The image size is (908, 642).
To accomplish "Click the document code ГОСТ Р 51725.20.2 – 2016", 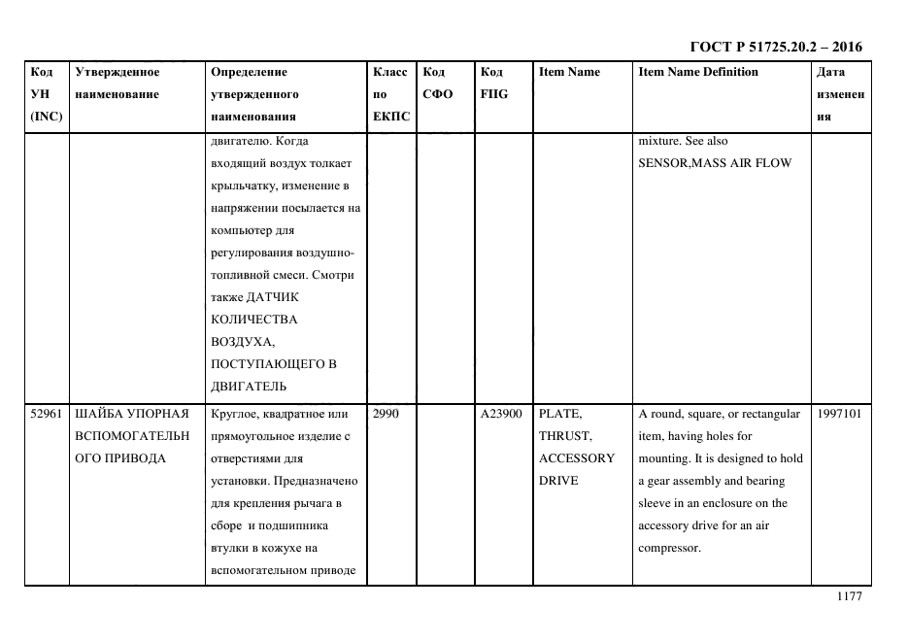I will pos(775,46).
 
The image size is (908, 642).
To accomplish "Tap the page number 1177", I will pos(849,596).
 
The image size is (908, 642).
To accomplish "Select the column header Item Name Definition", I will pos(697,72).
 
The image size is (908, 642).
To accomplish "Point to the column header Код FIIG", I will pos(493,83).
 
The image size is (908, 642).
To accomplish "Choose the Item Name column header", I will pos(569,72).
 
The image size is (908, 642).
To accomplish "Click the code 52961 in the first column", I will pos(46,415).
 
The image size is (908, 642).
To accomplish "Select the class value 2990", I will pos(387,415).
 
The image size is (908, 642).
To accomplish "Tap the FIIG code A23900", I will pos(500,415).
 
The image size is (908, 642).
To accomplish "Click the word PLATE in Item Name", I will pos(560,415).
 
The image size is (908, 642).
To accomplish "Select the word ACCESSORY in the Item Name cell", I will pos(576,458).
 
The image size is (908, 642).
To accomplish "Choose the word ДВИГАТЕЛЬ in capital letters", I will pos(244,386).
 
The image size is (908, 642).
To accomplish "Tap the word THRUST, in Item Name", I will pos(564,437).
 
